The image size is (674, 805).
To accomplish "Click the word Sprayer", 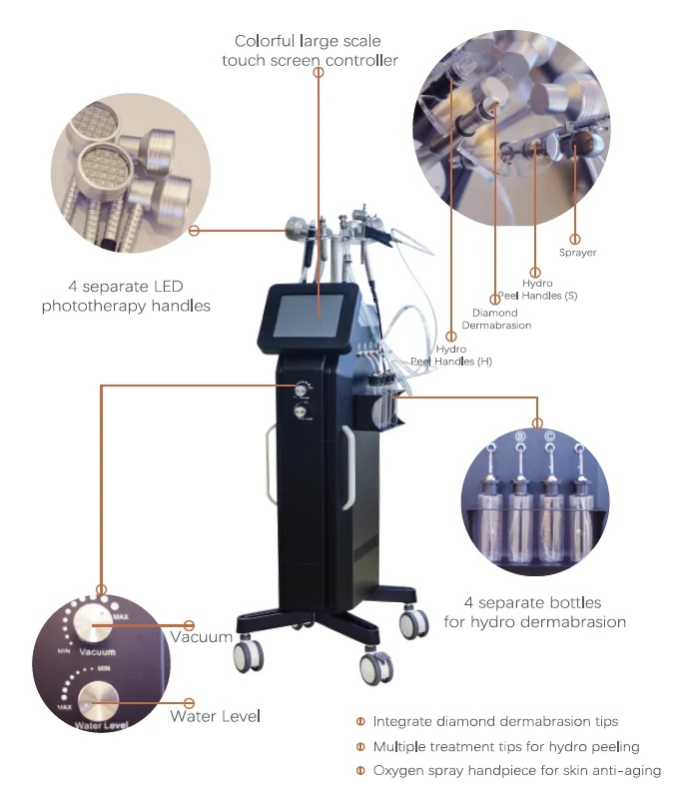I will [x=577, y=253].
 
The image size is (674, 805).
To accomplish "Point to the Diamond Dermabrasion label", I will [x=495, y=318].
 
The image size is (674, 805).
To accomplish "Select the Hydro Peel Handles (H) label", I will [x=450, y=354].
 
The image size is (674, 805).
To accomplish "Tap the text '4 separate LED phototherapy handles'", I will [x=126, y=297].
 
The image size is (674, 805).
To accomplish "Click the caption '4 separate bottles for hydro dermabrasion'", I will [x=534, y=612].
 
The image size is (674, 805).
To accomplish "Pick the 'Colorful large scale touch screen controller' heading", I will [x=309, y=51].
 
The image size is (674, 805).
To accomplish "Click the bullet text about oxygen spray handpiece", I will [x=515, y=770].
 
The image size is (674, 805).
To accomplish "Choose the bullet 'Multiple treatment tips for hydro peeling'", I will [x=505, y=746].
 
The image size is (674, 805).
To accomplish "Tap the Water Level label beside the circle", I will [x=214, y=716].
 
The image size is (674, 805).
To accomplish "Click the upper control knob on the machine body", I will [x=299, y=390].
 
